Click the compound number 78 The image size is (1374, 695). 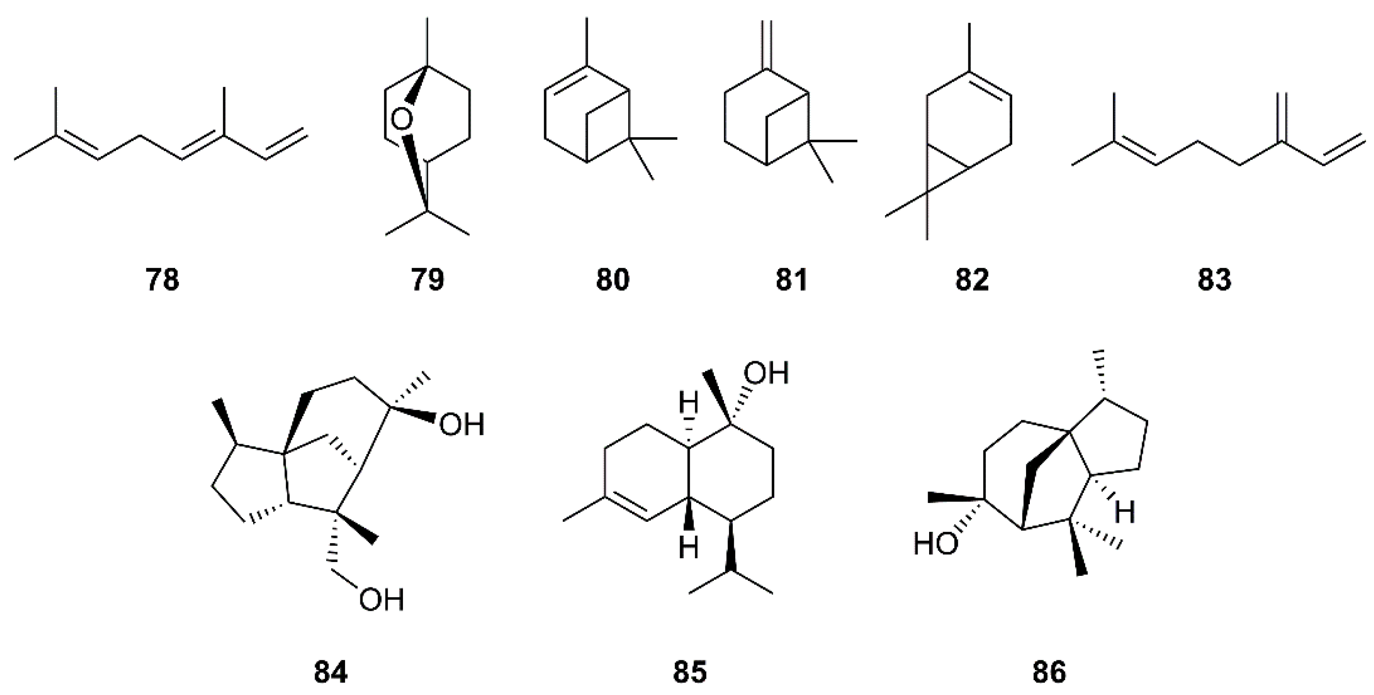click(x=162, y=280)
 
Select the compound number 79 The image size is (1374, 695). click(x=428, y=280)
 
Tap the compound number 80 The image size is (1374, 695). click(x=612, y=280)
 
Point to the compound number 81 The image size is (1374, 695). click(x=791, y=280)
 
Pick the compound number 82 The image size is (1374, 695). click(x=972, y=280)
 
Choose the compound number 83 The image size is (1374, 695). click(x=1214, y=280)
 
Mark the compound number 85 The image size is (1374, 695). click(x=689, y=672)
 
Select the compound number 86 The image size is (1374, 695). click(x=1049, y=672)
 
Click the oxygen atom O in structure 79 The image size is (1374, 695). click(x=401, y=121)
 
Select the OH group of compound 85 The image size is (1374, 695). click(x=766, y=374)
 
